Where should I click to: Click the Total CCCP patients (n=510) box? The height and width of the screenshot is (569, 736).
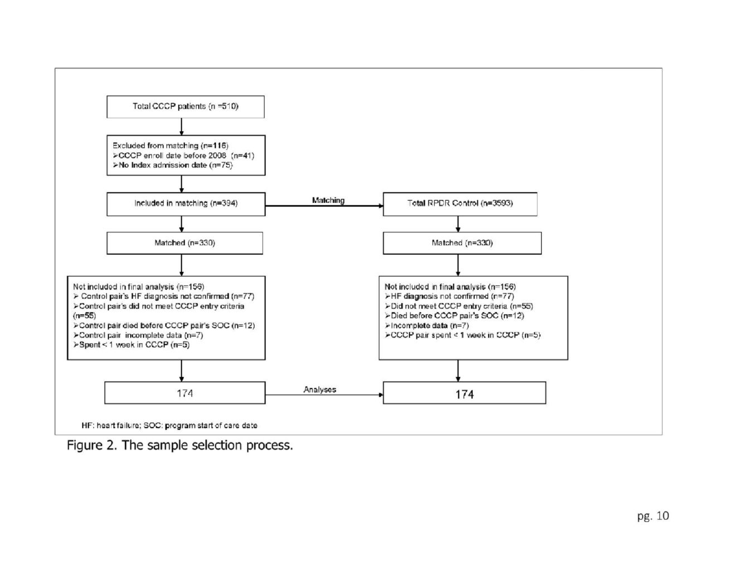185,107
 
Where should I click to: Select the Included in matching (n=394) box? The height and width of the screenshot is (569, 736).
186,204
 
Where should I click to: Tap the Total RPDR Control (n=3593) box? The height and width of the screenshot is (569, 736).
460,204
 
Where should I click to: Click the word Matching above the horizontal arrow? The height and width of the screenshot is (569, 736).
328,200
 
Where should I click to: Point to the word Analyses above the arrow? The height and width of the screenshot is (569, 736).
319,389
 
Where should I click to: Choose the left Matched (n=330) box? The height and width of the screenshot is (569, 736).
185,243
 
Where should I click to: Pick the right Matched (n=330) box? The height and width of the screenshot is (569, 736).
462,243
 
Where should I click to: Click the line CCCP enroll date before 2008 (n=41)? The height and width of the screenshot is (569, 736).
183,156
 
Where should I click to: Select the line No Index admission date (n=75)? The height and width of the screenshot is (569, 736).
173,165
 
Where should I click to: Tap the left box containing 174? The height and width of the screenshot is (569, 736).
185,393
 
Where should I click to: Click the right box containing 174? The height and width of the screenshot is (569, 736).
464,393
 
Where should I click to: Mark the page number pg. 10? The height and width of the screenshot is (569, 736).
653,516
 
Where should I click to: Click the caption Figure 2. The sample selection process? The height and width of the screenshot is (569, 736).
180,445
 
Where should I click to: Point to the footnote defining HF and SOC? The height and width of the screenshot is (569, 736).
170,425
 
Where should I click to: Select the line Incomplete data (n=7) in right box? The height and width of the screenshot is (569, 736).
427,325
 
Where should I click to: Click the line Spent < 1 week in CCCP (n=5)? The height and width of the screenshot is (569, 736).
132,345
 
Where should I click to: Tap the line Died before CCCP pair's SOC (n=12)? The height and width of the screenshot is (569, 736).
454,316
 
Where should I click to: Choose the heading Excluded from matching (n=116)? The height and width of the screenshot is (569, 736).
171,146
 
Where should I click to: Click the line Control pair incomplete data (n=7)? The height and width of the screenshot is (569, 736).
138,335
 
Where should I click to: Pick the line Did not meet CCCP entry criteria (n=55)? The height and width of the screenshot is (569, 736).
459,306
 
